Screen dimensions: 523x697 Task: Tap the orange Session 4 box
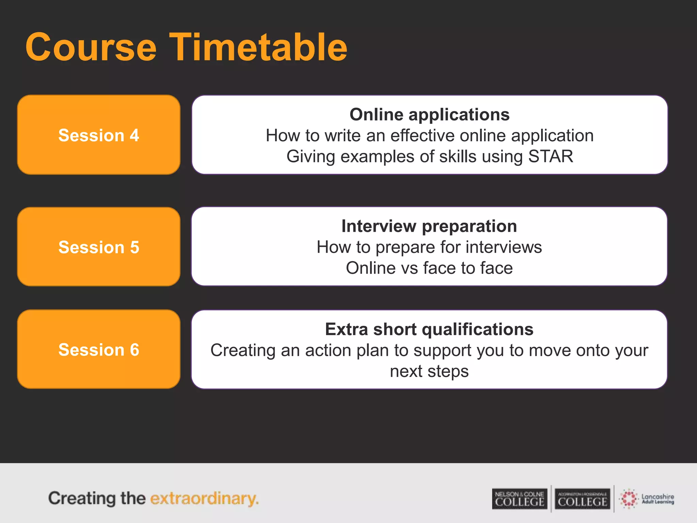point(99,135)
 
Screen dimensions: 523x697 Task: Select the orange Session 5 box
point(99,247)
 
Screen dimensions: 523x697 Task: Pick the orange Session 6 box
point(99,349)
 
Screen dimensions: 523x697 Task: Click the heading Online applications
point(429,114)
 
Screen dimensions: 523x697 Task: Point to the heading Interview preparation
point(429,226)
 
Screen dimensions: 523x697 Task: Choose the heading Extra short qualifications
point(429,329)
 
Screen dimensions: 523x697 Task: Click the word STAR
point(551,157)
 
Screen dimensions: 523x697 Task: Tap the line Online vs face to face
point(429,268)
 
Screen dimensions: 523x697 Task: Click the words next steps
point(429,371)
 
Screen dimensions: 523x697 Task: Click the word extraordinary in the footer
point(204,498)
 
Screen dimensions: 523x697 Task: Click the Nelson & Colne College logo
point(519,499)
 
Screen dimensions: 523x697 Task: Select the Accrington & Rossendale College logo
point(582,499)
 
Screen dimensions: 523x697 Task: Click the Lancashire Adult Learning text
point(658,499)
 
